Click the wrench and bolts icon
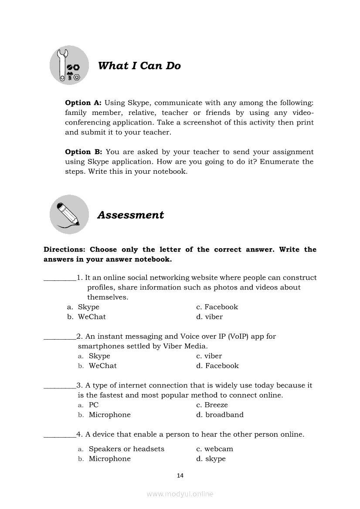click(x=69, y=65)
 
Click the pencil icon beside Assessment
click(x=69, y=214)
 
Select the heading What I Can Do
click(x=139, y=66)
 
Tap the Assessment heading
click(x=131, y=215)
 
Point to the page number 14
click(x=180, y=475)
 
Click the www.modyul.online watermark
click(x=180, y=494)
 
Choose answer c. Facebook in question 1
click(x=217, y=307)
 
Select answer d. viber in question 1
click(x=209, y=317)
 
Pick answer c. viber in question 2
click(x=209, y=356)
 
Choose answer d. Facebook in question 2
click(x=217, y=366)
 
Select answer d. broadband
click(x=220, y=415)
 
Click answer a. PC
click(x=88, y=405)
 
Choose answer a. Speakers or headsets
click(x=122, y=449)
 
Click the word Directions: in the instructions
click(x=65, y=250)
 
